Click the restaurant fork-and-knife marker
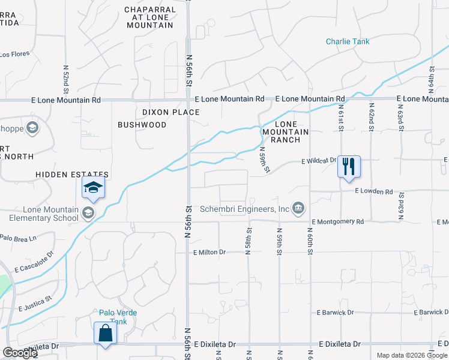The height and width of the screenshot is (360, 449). tap(349, 166)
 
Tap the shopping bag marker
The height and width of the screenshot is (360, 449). tap(105, 333)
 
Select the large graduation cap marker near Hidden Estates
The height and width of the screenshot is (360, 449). tap(93, 188)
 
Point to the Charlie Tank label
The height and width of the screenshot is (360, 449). tap(348, 41)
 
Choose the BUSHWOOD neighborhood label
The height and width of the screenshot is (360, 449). tap(142, 125)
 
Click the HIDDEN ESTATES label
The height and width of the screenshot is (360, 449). tap(72, 174)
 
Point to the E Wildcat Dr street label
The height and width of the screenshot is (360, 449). tap(319, 161)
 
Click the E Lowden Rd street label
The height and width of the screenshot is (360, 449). tap(373, 191)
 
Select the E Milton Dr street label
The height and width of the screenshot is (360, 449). tap(209, 252)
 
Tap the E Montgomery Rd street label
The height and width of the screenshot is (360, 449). tap(337, 221)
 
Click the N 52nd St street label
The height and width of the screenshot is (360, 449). tap(65, 75)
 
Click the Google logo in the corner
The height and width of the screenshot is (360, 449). tap(20, 353)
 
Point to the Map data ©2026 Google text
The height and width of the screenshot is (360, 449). tap(412, 355)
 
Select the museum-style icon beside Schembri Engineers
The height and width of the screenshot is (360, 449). tap(298, 208)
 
